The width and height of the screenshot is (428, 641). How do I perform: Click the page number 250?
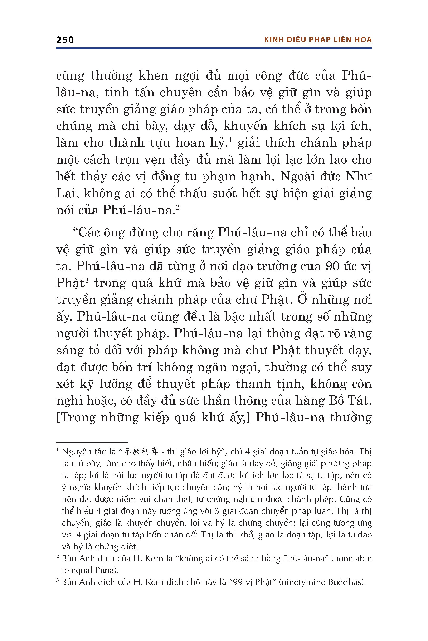65,40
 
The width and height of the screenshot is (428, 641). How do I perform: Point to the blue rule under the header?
214,48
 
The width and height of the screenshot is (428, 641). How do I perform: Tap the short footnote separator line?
92,442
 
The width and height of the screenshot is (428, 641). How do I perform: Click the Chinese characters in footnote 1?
141,452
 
